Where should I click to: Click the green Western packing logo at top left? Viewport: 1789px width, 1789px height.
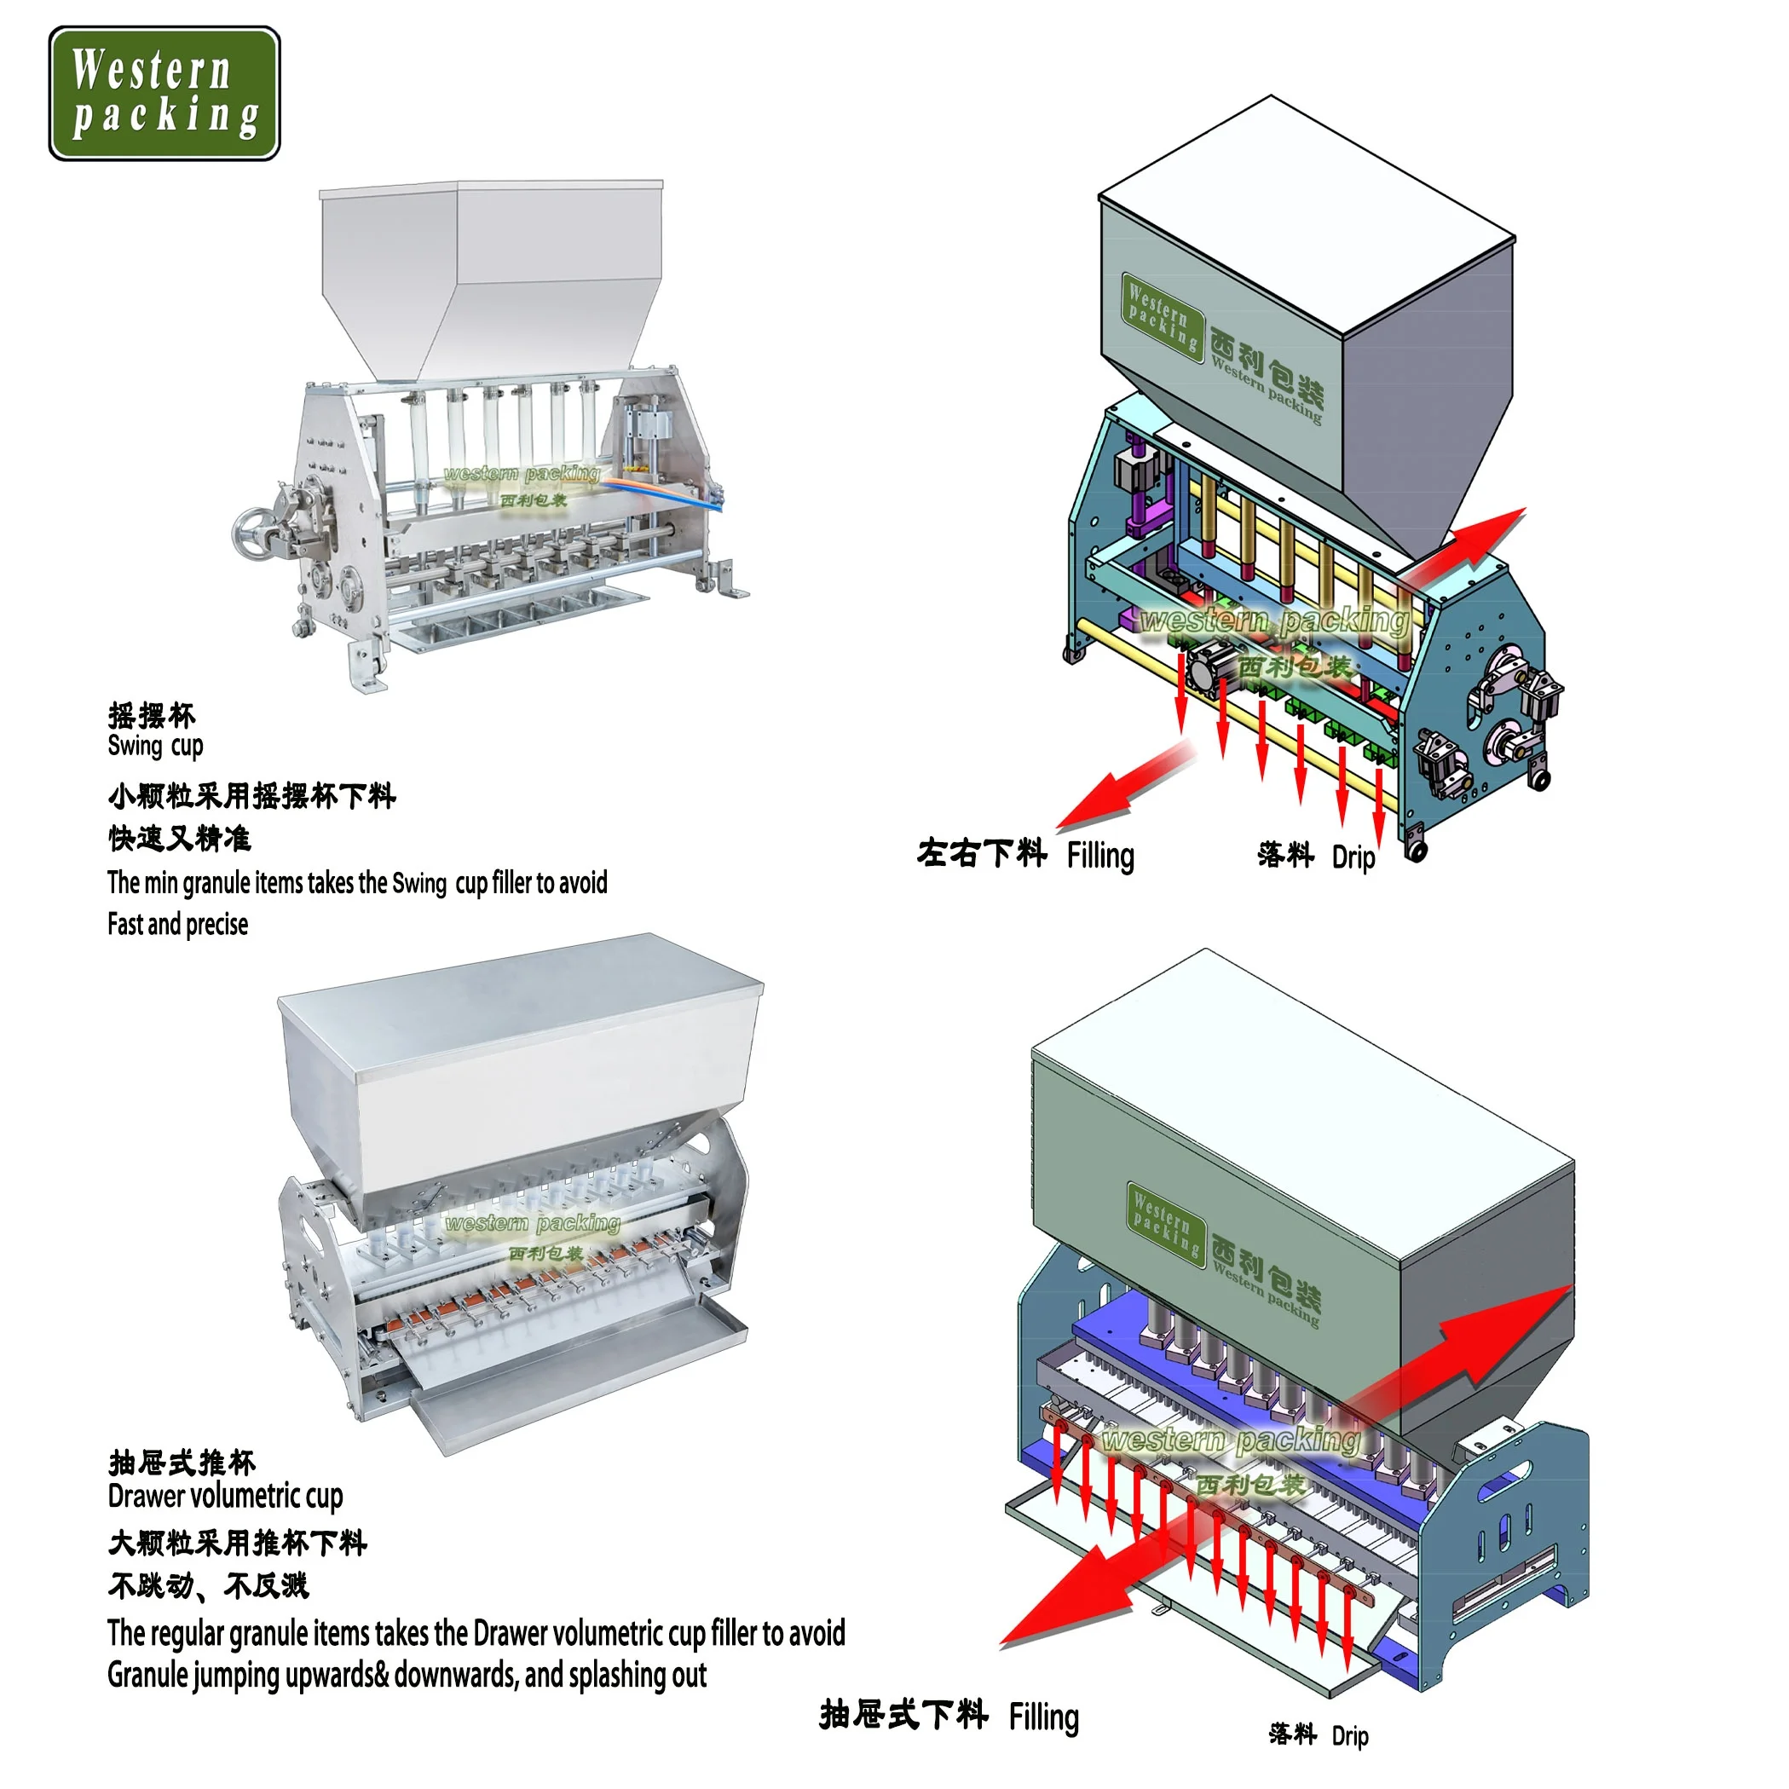coord(164,93)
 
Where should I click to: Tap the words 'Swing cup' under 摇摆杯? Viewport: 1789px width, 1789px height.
coord(154,746)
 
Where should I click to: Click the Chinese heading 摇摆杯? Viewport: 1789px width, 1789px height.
coord(152,715)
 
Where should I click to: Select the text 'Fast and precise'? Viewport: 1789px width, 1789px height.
coord(178,924)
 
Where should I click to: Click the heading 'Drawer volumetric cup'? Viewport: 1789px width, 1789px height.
coord(225,1496)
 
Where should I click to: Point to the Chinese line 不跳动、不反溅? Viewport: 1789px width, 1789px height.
coord(207,1585)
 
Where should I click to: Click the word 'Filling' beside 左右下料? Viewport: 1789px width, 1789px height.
coord(1100,856)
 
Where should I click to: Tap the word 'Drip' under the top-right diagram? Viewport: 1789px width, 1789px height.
coord(1353,857)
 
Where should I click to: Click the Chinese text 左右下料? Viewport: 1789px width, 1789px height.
coord(982,854)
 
